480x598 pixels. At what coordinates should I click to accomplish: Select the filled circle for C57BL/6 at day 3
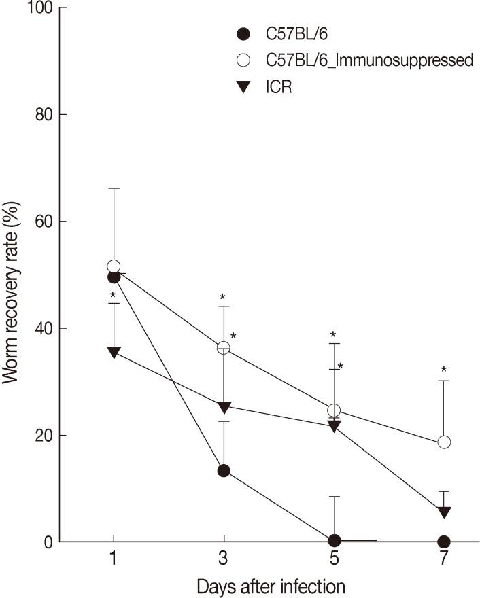[224, 470]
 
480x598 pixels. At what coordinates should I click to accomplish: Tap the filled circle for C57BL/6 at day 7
[444, 542]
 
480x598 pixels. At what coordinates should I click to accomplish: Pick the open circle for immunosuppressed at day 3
[224, 347]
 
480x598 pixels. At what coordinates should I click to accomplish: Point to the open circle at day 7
[444, 442]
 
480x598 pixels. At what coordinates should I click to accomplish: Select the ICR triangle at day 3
[224, 406]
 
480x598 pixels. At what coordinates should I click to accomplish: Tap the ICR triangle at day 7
[444, 512]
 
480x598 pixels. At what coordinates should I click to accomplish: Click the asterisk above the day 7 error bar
[444, 370]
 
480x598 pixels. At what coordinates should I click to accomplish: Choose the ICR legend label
[279, 88]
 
